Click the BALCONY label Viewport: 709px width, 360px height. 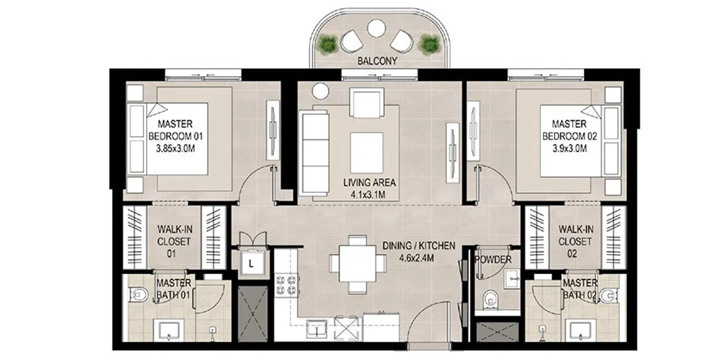coord(377,61)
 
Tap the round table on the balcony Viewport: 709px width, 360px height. coord(376,28)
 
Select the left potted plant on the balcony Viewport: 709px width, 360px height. coord(328,45)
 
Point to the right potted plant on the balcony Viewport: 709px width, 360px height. coord(429,45)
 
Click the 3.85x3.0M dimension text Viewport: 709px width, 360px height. coord(176,148)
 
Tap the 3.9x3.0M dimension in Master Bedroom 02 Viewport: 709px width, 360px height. coord(570,148)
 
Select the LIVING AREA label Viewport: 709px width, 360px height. coord(369,183)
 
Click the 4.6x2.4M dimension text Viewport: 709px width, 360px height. coord(417,258)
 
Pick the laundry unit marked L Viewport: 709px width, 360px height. coord(251,264)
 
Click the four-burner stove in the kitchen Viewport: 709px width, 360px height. coord(286,285)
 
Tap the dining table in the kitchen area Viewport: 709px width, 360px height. coord(358,264)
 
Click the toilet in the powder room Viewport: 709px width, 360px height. coord(490,299)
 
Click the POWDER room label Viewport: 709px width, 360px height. coord(493,260)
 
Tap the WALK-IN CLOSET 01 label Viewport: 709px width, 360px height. coord(174,241)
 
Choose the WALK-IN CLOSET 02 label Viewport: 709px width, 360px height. coord(576,241)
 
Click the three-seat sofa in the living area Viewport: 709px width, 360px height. coord(314,153)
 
